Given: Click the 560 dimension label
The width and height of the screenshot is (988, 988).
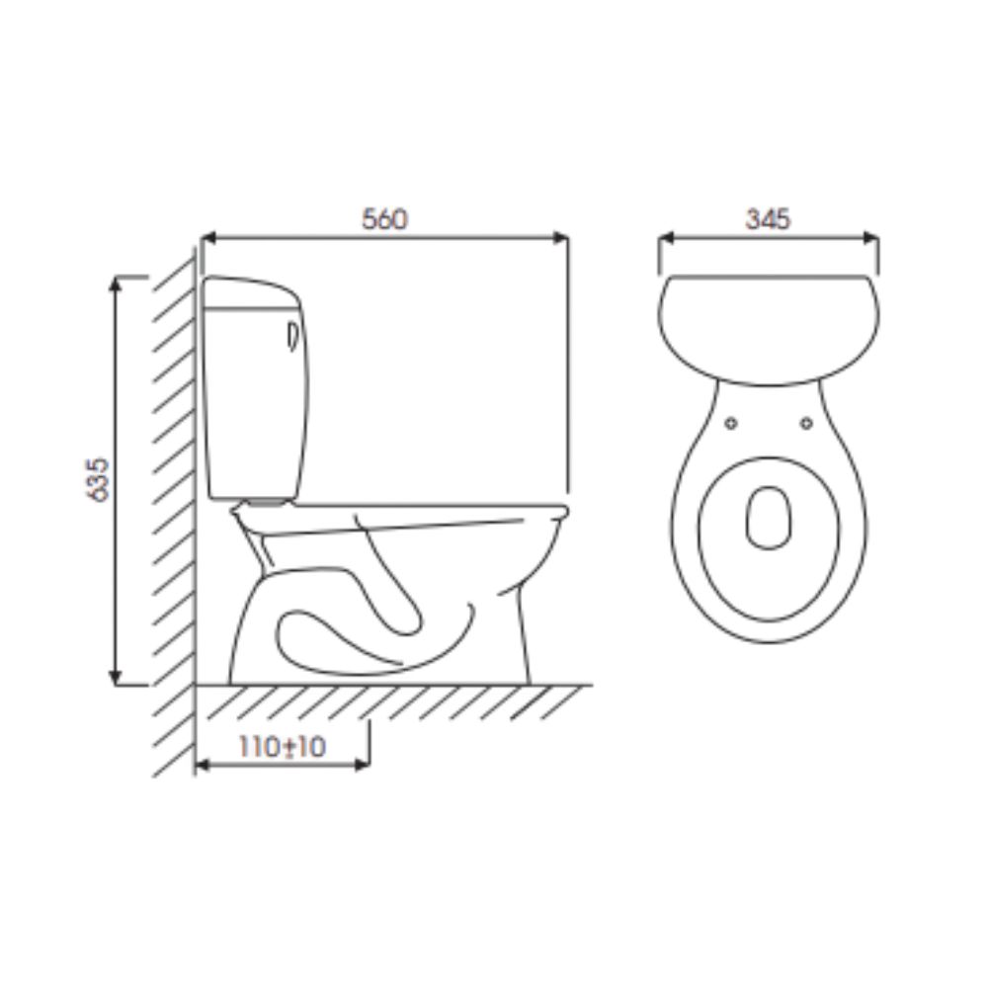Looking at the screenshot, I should (x=384, y=219).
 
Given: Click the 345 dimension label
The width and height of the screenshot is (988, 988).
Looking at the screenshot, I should (x=768, y=219).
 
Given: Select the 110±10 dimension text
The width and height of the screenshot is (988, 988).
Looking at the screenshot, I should (x=283, y=748).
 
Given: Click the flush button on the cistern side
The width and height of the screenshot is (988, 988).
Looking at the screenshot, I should (x=291, y=337).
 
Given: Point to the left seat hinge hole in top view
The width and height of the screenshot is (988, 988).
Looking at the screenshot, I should (x=731, y=424).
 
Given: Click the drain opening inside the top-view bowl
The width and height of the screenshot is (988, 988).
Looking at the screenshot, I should (x=769, y=517).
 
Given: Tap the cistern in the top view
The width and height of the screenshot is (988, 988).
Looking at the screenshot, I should (x=768, y=326).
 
